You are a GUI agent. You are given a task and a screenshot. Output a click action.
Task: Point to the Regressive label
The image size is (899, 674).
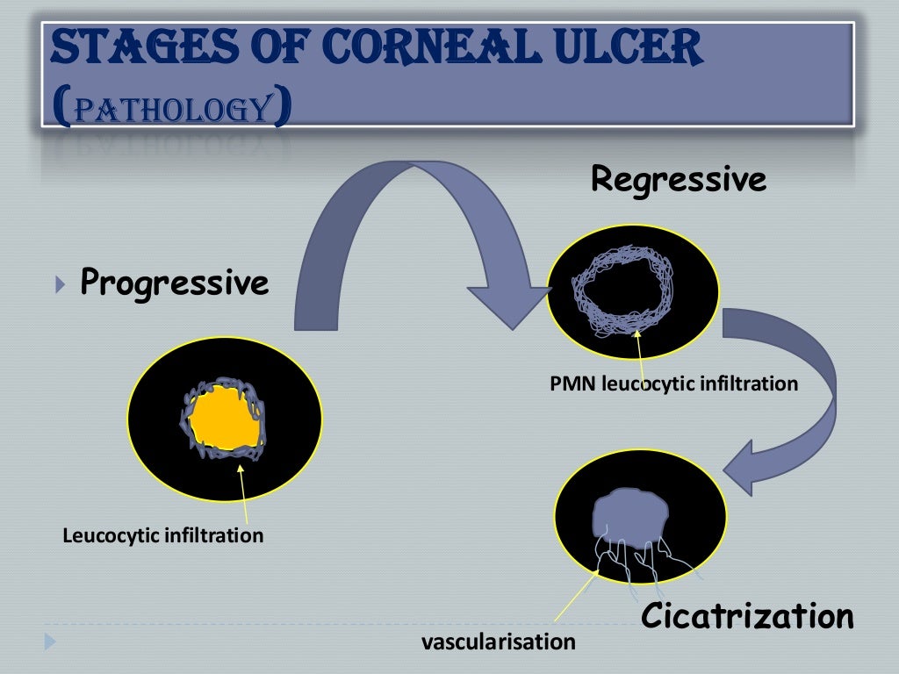point(679,180)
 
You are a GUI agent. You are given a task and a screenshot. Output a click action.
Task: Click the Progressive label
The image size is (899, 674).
point(175,283)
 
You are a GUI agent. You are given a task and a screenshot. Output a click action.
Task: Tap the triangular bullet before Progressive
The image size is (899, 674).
point(59,284)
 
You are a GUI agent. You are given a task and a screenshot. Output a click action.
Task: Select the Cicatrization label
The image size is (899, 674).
point(747,616)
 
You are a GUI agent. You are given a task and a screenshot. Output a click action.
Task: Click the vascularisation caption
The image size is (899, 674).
point(499,642)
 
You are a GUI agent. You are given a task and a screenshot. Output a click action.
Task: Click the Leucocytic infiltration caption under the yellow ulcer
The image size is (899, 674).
point(163,534)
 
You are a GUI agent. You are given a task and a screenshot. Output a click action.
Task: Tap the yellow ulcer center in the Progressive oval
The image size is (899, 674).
point(225,419)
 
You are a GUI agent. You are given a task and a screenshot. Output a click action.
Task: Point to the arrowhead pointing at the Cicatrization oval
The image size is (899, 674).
point(741,465)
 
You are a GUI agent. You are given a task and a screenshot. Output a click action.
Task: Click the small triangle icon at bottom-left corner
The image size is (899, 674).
point(50,643)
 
